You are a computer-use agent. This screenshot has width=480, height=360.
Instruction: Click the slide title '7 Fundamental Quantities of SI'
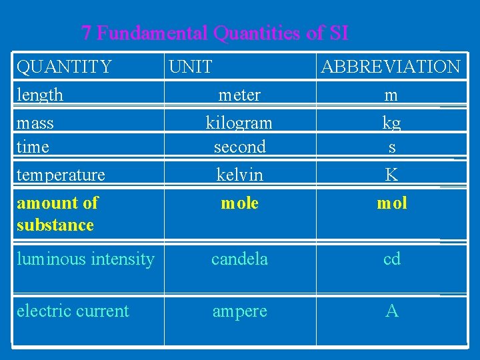[215, 32]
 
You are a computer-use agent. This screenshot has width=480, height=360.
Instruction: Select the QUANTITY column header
[64, 67]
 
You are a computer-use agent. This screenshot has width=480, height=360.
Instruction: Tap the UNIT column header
[191, 67]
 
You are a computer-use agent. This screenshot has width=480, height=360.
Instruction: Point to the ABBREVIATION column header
[391, 67]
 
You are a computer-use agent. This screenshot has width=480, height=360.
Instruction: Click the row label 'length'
[40, 95]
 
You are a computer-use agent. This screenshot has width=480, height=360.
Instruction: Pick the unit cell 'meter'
[239, 95]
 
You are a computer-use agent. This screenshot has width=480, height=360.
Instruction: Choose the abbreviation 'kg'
[391, 123]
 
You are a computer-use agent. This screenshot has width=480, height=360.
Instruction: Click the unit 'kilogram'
[239, 123]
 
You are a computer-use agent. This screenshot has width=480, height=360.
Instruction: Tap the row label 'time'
[33, 147]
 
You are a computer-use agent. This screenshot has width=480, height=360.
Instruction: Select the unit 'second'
[239, 147]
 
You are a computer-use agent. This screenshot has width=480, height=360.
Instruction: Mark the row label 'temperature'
[61, 175]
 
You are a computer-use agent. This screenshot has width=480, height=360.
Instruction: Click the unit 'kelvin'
[239, 175]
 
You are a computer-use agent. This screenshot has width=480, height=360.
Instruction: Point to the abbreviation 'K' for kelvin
[391, 175]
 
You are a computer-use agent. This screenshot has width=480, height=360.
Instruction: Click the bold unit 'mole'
[239, 203]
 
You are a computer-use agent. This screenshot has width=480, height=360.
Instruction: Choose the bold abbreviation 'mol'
[391, 203]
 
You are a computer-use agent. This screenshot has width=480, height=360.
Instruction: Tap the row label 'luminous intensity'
[85, 259]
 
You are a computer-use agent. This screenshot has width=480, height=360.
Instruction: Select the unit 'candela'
[239, 259]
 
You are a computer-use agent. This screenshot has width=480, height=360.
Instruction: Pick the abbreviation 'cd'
[391, 259]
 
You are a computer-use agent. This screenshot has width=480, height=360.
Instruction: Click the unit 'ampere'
[239, 311]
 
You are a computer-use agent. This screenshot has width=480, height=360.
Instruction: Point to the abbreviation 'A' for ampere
[391, 311]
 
